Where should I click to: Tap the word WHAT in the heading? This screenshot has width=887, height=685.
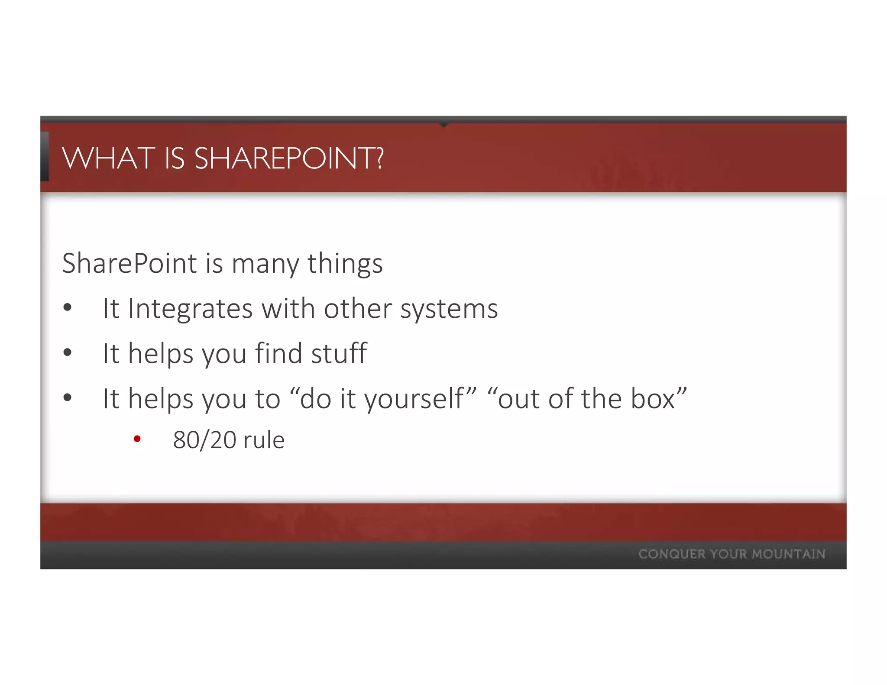click(x=109, y=158)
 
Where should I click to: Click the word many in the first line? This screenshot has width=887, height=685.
click(x=265, y=264)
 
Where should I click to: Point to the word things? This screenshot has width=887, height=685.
click(x=345, y=264)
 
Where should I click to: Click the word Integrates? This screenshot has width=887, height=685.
click(x=190, y=309)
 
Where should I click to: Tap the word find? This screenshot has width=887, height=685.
click(x=278, y=353)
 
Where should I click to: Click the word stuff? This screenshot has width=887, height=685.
click(x=339, y=353)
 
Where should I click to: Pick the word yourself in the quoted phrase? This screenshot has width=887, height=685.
click(x=414, y=399)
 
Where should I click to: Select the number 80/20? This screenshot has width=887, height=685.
click(x=204, y=440)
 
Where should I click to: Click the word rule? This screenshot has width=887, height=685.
click(x=264, y=440)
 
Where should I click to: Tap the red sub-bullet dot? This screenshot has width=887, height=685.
click(x=137, y=439)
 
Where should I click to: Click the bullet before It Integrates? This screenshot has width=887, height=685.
click(x=67, y=308)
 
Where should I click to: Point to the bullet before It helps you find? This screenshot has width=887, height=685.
click(x=67, y=352)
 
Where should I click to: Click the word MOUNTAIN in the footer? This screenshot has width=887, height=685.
click(x=788, y=554)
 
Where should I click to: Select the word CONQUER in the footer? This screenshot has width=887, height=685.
click(x=672, y=554)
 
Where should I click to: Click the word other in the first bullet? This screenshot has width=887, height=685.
click(x=358, y=309)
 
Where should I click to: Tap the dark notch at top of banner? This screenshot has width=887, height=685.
click(x=443, y=124)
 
